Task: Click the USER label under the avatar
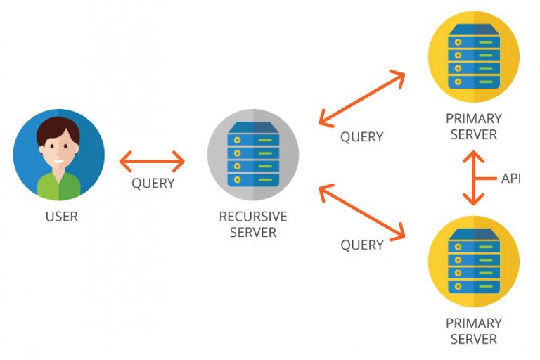pos(61,217)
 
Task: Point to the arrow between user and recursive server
pos(152,162)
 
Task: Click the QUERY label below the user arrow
pos(153,184)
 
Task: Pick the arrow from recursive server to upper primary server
pos(362,99)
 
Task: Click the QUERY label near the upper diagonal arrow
pos(361,137)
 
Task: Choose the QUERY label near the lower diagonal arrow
pos(361,245)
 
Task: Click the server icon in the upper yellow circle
pos(473,57)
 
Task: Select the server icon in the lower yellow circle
pos(473,262)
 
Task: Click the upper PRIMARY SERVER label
pos(473,127)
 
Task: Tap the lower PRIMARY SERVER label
pos(473,331)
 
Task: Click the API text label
pos(511,179)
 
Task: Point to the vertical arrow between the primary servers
pos(472,179)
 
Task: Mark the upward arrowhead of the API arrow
pos(472,157)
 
